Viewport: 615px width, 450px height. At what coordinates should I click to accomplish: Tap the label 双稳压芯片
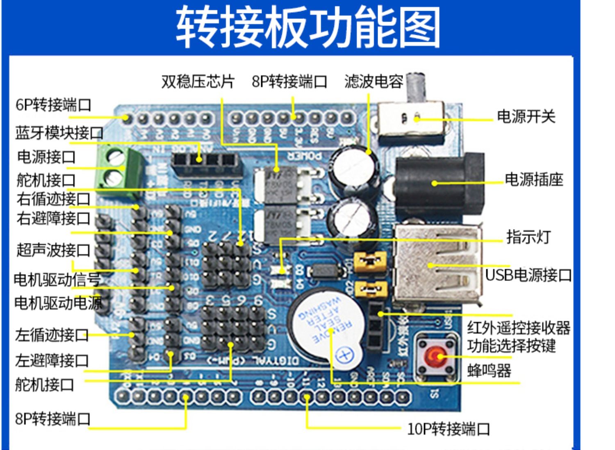point(198,82)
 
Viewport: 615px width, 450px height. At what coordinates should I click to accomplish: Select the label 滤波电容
point(374,82)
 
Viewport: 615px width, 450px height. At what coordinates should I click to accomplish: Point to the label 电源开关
point(526,117)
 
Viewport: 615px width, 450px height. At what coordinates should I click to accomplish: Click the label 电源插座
point(534,180)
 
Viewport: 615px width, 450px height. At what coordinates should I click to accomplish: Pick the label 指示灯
point(528,237)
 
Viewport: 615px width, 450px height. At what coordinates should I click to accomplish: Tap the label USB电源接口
point(528,275)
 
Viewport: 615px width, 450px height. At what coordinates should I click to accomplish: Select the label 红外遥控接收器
point(519,327)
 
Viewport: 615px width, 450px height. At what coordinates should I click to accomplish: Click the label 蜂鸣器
point(489,371)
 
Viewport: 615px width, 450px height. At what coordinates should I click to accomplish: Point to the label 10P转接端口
point(449,429)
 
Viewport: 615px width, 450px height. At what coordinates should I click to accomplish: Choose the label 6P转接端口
point(53,105)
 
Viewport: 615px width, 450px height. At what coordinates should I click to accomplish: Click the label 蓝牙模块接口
point(59,133)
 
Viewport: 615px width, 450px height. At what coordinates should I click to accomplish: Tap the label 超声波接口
point(53,250)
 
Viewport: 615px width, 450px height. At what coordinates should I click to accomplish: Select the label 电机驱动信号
point(57,280)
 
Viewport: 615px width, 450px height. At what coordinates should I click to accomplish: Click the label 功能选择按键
point(512,346)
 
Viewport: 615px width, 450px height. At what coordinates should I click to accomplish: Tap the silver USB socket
point(437,264)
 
